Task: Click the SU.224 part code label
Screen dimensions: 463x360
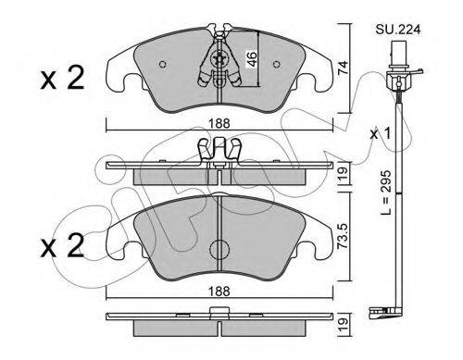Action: click(x=398, y=30)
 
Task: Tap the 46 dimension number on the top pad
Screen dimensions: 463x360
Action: click(x=252, y=59)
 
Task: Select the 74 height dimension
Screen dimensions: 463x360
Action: click(x=343, y=68)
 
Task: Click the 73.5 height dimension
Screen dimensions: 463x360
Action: click(x=344, y=236)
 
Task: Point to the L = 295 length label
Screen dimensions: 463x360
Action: click(x=386, y=192)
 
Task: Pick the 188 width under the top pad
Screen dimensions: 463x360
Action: click(x=219, y=124)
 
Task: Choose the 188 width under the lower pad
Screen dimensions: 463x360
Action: click(x=219, y=292)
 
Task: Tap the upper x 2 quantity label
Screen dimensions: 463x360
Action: click(x=62, y=78)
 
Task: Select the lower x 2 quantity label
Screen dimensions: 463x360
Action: click(x=62, y=245)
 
